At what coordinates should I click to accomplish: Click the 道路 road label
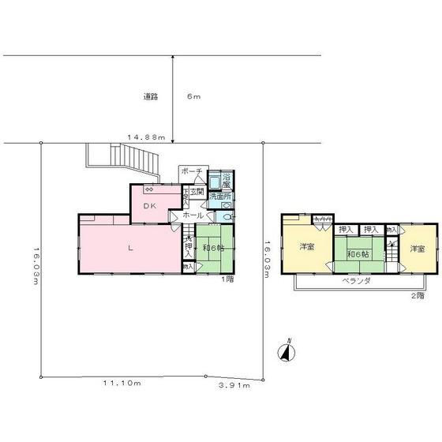tap(152, 97)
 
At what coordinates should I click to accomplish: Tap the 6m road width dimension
tap(194, 97)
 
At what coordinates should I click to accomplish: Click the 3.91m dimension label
tap(234, 386)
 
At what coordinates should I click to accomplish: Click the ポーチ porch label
tap(193, 171)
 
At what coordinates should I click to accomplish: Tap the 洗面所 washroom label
tap(220, 196)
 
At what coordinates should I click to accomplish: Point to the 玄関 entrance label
tap(197, 192)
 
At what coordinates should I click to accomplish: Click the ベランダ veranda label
tap(357, 280)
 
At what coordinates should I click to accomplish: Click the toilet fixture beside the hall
tap(227, 215)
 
